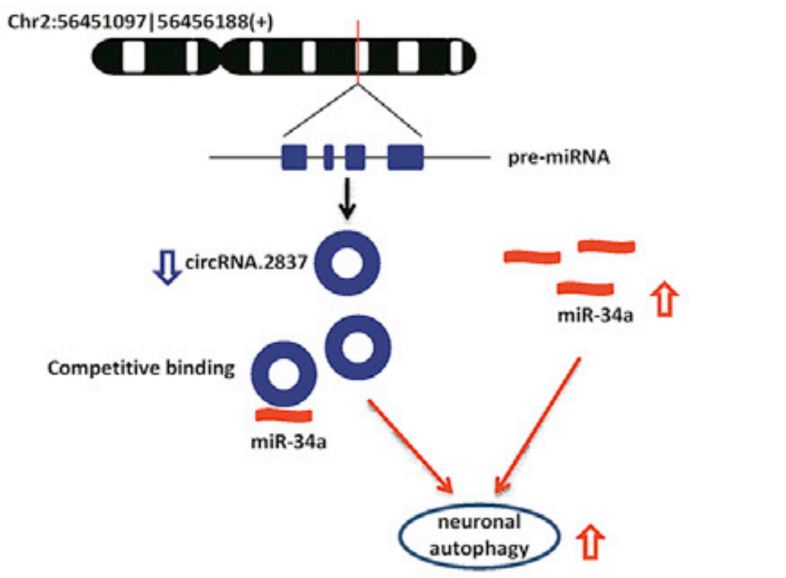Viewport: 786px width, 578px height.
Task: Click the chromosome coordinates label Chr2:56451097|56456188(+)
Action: pyautogui.click(x=140, y=20)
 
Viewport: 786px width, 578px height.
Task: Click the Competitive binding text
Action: pyautogui.click(x=141, y=368)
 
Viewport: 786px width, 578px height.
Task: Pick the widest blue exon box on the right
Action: pyautogui.click(x=405, y=157)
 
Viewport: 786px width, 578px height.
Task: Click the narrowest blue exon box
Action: pyautogui.click(x=328, y=157)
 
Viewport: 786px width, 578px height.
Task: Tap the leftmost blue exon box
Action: pyautogui.click(x=295, y=157)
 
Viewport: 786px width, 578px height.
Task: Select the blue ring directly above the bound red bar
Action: pyautogui.click(x=283, y=376)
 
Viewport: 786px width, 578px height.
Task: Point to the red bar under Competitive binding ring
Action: pyautogui.click(x=283, y=415)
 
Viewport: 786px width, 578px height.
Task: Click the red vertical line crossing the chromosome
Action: pyautogui.click(x=358, y=49)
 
